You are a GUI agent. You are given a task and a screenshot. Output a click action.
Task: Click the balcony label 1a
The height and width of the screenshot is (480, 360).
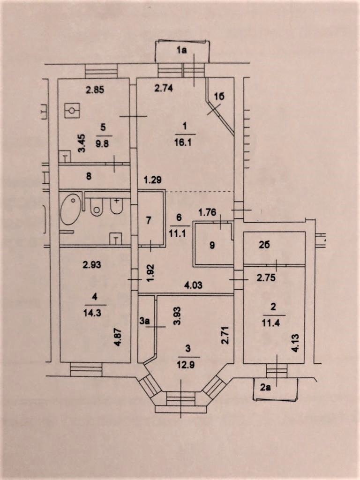point(181,52)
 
